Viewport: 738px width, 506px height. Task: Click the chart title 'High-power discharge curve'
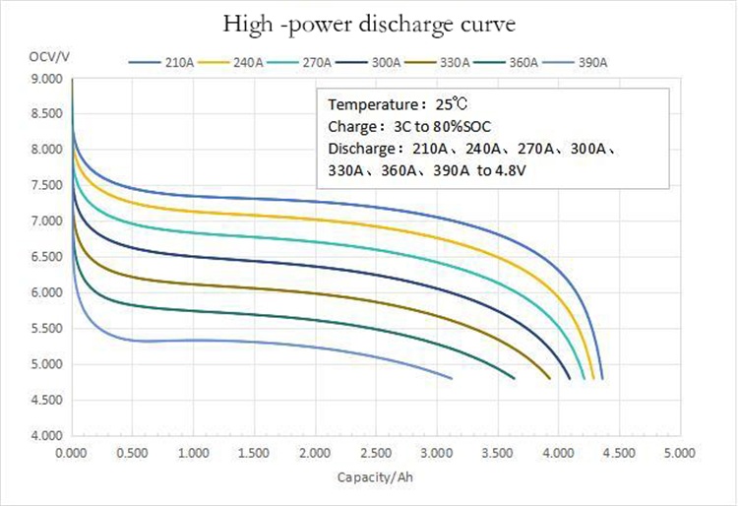[x=369, y=24]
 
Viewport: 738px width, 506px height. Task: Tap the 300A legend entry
[x=368, y=63]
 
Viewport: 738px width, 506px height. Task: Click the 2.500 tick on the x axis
[x=375, y=454]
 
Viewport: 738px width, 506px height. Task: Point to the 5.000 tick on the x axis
[x=679, y=454]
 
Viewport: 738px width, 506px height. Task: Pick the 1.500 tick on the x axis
[x=254, y=454]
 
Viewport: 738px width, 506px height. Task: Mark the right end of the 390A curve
[x=452, y=378]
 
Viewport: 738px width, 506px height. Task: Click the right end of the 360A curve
[x=515, y=378]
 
